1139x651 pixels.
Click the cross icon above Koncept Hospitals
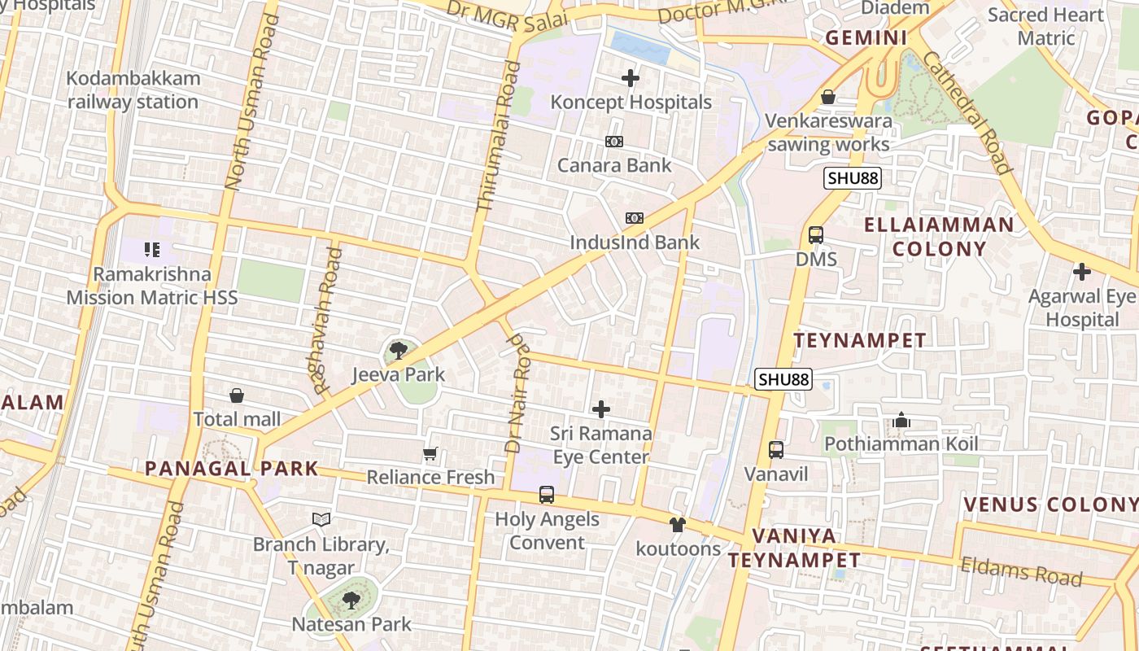(x=631, y=79)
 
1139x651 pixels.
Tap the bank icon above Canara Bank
(x=614, y=142)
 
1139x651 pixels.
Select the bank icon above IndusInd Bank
(x=635, y=218)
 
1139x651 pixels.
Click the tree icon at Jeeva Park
(x=398, y=351)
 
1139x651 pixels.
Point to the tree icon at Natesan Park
(x=351, y=601)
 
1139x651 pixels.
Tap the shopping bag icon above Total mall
(x=237, y=395)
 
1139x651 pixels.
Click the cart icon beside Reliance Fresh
(x=430, y=453)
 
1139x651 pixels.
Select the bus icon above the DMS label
(x=815, y=235)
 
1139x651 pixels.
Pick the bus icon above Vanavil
(x=776, y=449)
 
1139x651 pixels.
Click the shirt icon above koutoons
(x=678, y=525)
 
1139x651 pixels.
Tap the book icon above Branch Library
(x=321, y=519)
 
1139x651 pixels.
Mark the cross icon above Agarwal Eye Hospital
(x=1081, y=272)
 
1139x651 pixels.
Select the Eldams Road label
(x=1021, y=570)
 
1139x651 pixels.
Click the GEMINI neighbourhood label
(x=866, y=38)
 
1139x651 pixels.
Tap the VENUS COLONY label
(x=1050, y=505)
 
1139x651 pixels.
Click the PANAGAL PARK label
(x=231, y=469)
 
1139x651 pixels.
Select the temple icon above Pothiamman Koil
(x=901, y=421)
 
